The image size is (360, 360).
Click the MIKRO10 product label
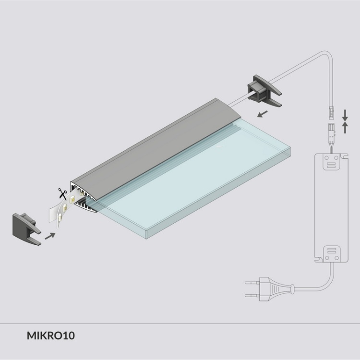(51, 335)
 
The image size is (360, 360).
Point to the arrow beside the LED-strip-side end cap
(49, 235)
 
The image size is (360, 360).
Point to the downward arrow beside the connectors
(345, 114)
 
